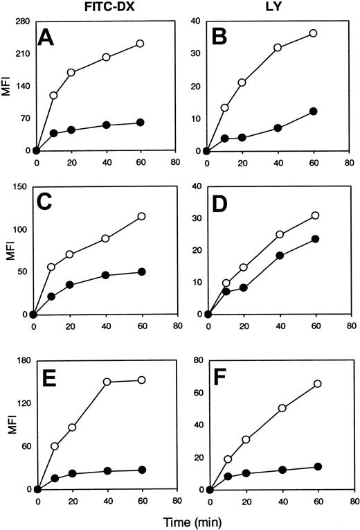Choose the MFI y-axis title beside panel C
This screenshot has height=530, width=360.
[8, 249]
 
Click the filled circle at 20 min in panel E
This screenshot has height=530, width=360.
[72, 474]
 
